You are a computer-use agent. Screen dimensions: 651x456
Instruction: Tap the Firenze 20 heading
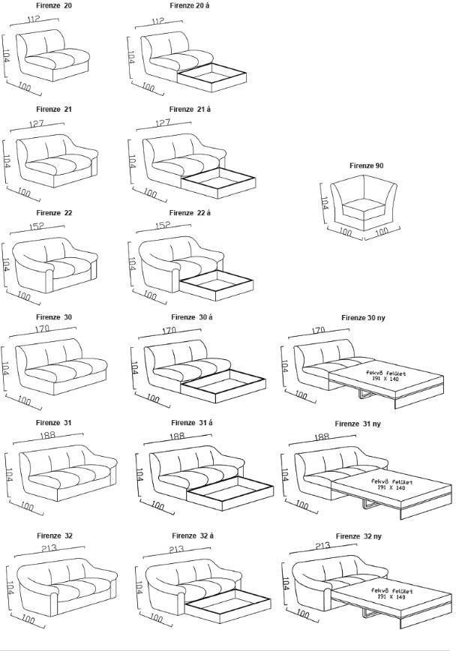point(54,5)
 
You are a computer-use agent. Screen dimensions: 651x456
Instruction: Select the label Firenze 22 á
point(190,213)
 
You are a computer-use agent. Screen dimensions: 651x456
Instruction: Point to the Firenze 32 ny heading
point(358,536)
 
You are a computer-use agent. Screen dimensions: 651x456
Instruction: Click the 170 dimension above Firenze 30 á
point(169,330)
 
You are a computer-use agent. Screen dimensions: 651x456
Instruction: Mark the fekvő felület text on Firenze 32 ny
point(374,590)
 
